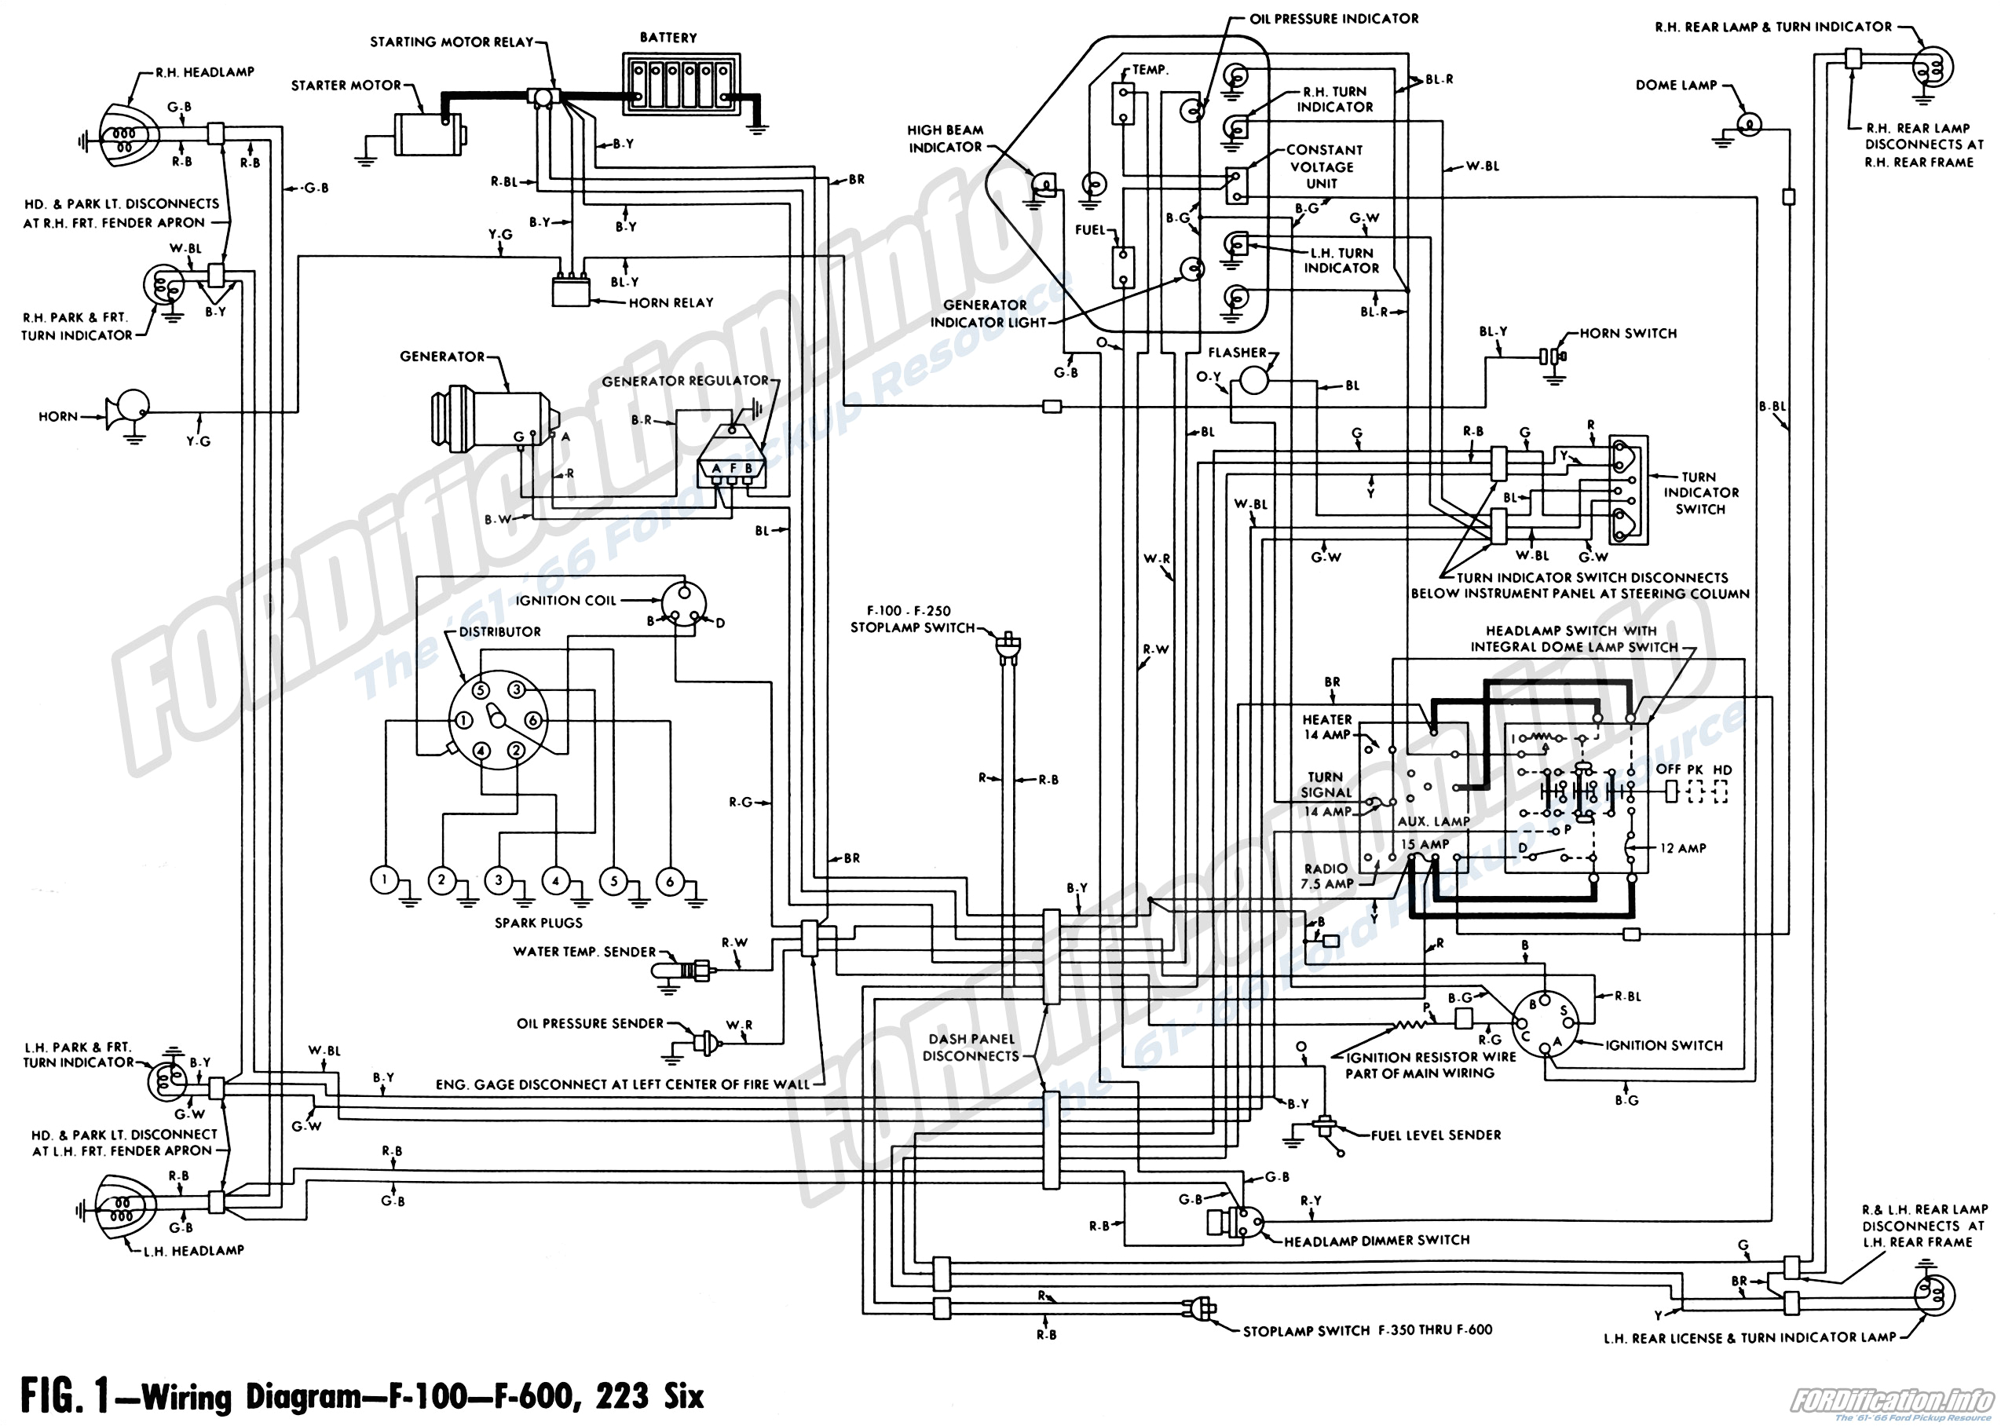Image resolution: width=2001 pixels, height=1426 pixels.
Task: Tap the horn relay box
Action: point(571,291)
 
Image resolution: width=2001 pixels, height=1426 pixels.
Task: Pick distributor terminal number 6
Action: point(532,721)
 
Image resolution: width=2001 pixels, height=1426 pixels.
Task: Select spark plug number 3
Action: point(499,879)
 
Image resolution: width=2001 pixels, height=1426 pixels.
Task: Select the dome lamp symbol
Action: point(1747,125)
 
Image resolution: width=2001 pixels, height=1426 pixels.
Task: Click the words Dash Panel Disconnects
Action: point(971,1047)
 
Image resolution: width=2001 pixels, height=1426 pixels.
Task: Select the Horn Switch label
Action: point(1628,334)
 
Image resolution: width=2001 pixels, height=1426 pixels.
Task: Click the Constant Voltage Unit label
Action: point(1322,166)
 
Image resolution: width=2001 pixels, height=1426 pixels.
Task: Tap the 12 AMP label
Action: point(1682,848)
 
